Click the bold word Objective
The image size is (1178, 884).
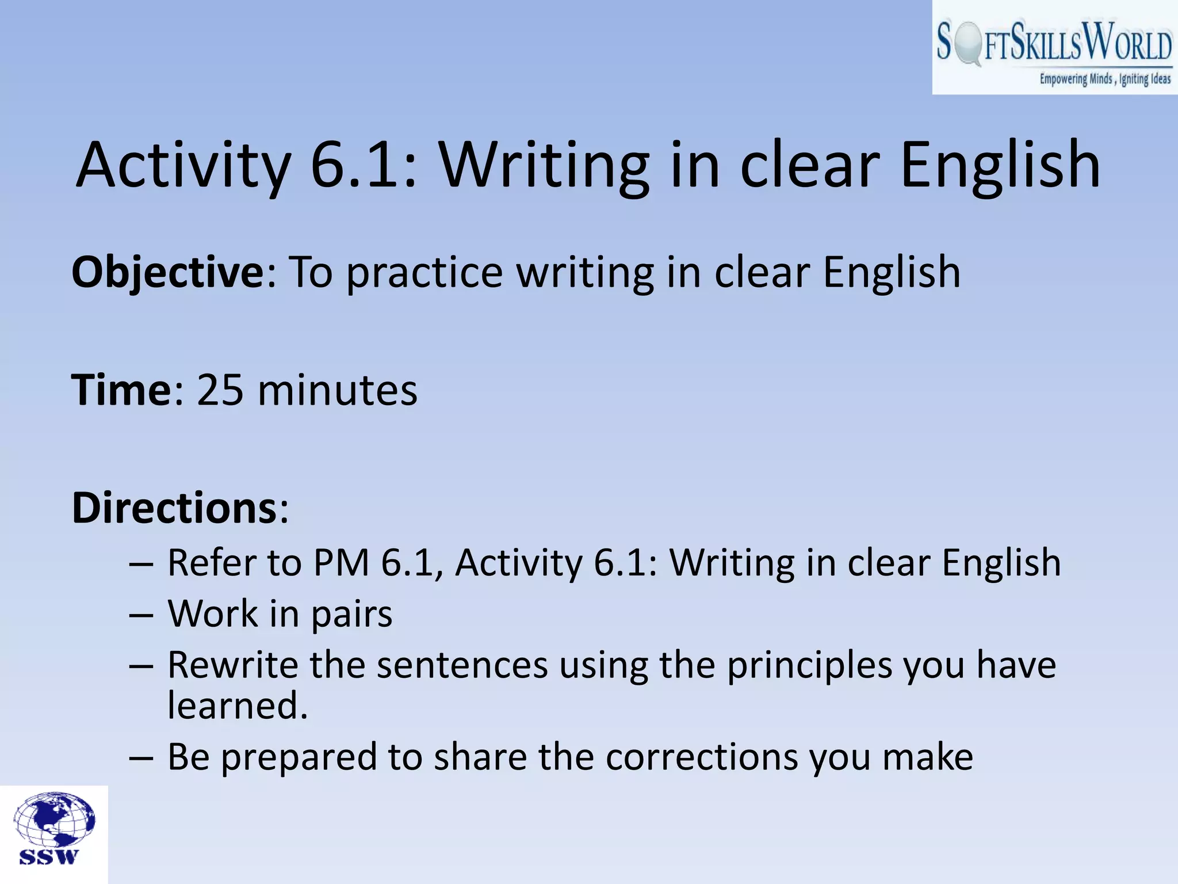167,272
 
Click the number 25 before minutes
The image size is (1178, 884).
220,390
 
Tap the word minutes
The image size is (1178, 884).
338,390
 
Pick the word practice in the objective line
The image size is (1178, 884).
424,272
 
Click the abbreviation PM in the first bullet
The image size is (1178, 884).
341,562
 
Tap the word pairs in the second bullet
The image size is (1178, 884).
351,614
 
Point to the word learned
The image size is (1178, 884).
238,706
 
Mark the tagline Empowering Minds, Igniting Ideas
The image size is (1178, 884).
1104,79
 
